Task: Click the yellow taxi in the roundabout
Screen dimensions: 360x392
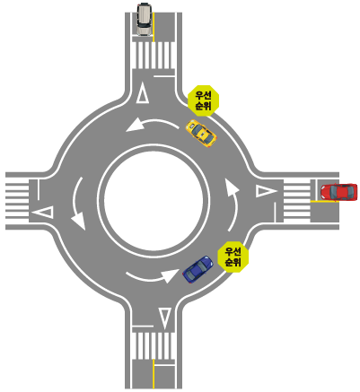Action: pyautogui.click(x=201, y=133)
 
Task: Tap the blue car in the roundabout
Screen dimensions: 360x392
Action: pyautogui.click(x=198, y=269)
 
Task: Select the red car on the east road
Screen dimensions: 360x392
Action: pyautogui.click(x=338, y=192)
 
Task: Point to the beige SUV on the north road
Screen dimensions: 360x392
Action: pyautogui.click(x=145, y=20)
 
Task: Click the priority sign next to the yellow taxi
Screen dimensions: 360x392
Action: pyautogui.click(x=203, y=100)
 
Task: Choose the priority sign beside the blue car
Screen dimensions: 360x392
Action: pyautogui.click(x=233, y=257)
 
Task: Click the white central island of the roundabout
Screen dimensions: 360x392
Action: pyautogui.click(x=154, y=201)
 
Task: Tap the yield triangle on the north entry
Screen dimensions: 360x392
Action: pyautogui.click(x=143, y=93)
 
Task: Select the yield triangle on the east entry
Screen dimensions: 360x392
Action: pyautogui.click(x=268, y=191)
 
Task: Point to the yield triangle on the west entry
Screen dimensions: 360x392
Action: pyautogui.click(x=42, y=213)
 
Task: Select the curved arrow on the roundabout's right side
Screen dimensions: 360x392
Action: pyautogui.click(x=235, y=204)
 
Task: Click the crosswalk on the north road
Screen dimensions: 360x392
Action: pyautogui.click(x=154, y=56)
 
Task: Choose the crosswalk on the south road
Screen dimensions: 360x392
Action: pyautogui.click(x=154, y=346)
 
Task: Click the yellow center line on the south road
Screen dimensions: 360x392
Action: pyautogui.click(x=154, y=374)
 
